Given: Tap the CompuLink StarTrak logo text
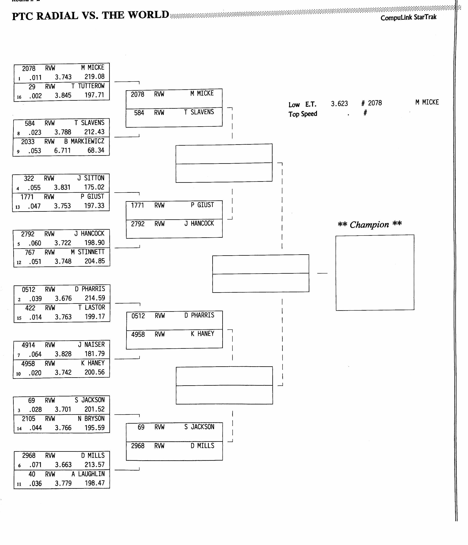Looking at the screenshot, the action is [409, 17].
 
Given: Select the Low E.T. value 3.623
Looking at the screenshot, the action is [339, 104].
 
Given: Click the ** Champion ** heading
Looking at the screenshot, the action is [370, 224].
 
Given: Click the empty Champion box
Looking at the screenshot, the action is [375, 273].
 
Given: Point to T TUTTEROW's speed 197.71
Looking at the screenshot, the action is [94, 95].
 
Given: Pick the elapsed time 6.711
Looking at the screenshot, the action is [62, 151].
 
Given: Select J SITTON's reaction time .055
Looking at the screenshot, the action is [34, 187].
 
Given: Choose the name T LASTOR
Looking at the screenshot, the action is [92, 307].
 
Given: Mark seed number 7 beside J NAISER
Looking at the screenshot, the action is [19, 355].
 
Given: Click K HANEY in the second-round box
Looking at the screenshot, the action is [202, 334].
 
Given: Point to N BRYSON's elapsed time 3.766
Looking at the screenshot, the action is [63, 428].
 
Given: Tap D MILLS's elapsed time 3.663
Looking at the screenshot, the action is [63, 465].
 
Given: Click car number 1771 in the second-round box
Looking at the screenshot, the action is [137, 205].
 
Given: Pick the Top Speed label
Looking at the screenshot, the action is [303, 114].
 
